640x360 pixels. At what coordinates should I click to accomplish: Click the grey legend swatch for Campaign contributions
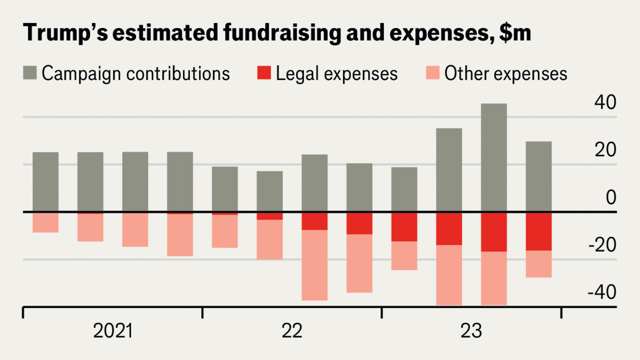point(29,73)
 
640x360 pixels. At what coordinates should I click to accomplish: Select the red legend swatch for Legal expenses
point(263,73)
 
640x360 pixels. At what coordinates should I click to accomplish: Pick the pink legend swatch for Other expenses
point(432,73)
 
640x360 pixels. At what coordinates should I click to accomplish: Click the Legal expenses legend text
point(336,73)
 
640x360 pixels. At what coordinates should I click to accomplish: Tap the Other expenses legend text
point(505,73)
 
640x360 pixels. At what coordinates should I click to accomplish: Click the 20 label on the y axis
point(605,150)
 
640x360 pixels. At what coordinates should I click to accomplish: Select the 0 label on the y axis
point(611,197)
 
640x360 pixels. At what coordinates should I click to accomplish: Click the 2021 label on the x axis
point(113,331)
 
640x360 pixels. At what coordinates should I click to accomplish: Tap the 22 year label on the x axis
point(292,331)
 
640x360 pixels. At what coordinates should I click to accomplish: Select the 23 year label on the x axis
point(471,331)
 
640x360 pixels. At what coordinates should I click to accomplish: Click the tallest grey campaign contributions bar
point(493,157)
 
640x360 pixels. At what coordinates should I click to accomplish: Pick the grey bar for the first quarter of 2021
point(45,182)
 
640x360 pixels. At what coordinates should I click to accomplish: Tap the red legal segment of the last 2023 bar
point(538,231)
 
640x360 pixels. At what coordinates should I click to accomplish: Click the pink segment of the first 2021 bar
point(45,222)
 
